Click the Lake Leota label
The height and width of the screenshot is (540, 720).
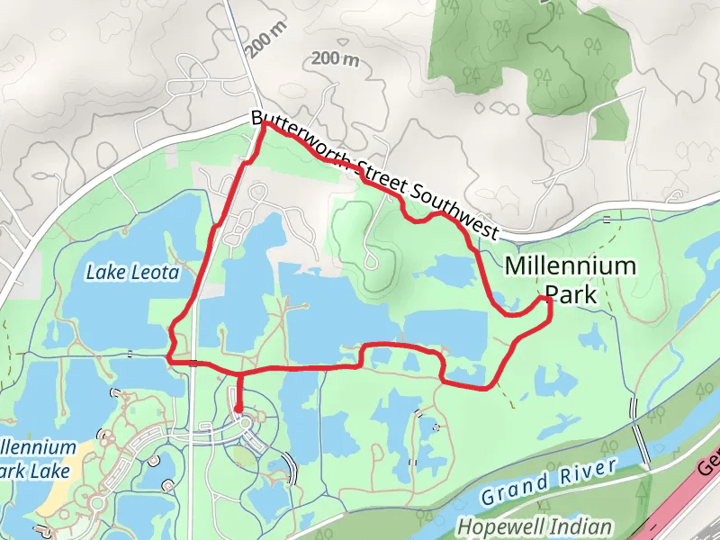tap(132, 272)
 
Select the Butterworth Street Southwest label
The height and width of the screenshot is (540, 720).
tap(373, 175)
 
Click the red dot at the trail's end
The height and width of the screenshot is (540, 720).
tap(238, 409)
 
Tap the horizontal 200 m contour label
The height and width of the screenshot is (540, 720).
tap(335, 60)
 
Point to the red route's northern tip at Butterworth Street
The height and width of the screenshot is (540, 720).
tap(264, 124)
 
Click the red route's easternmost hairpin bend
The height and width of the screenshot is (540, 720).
tap(548, 304)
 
